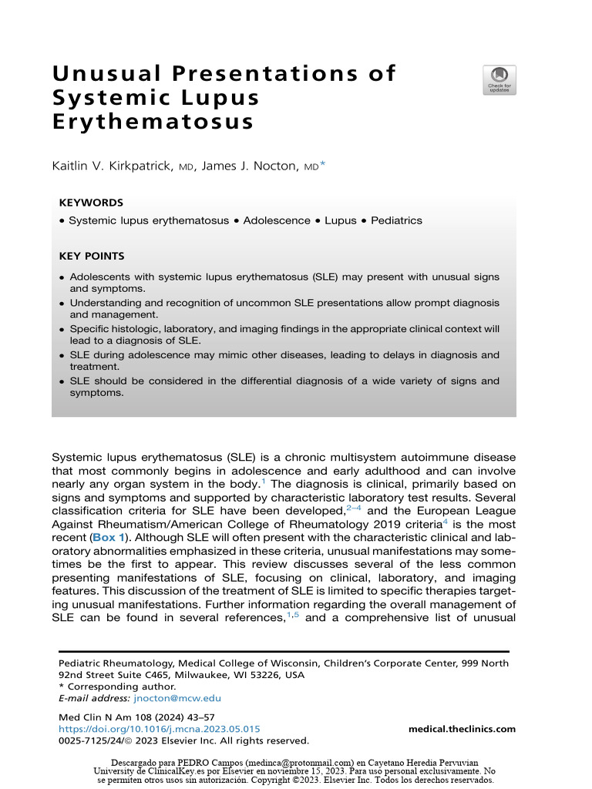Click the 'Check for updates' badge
(x=499, y=80)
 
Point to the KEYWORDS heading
(x=91, y=203)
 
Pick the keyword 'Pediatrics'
(x=396, y=220)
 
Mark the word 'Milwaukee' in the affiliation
(x=192, y=675)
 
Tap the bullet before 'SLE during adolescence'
(x=62, y=355)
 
